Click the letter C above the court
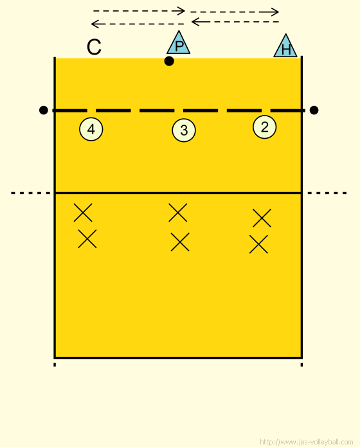(x=94, y=47)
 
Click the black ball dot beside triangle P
(x=169, y=61)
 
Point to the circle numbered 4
(x=91, y=129)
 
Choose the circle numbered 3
(x=184, y=130)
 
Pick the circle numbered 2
(x=264, y=127)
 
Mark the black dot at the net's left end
(x=43, y=110)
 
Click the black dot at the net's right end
(x=314, y=110)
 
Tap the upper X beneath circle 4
(x=83, y=213)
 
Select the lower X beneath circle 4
(x=87, y=239)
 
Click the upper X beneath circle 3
(x=177, y=213)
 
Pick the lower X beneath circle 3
(x=180, y=242)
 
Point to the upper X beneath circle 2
(x=262, y=218)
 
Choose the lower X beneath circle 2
(x=258, y=244)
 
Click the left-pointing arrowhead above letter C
(x=94, y=24)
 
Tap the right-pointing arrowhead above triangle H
(x=274, y=12)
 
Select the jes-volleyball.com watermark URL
(x=307, y=442)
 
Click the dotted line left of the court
(x=30, y=193)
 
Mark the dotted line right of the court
(x=327, y=193)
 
